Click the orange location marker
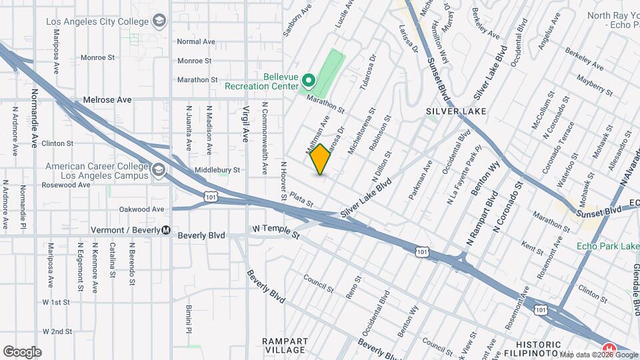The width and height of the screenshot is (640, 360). (x=320, y=160)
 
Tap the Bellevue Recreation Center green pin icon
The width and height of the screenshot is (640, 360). (x=308, y=81)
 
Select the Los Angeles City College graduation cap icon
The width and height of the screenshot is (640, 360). (x=159, y=22)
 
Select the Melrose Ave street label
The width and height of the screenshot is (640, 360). (x=107, y=100)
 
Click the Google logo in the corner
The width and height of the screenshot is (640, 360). (x=21, y=351)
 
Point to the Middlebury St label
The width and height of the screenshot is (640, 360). (x=217, y=170)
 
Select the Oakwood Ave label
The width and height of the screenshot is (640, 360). (x=141, y=209)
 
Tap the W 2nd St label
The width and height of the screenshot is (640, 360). (x=57, y=331)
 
